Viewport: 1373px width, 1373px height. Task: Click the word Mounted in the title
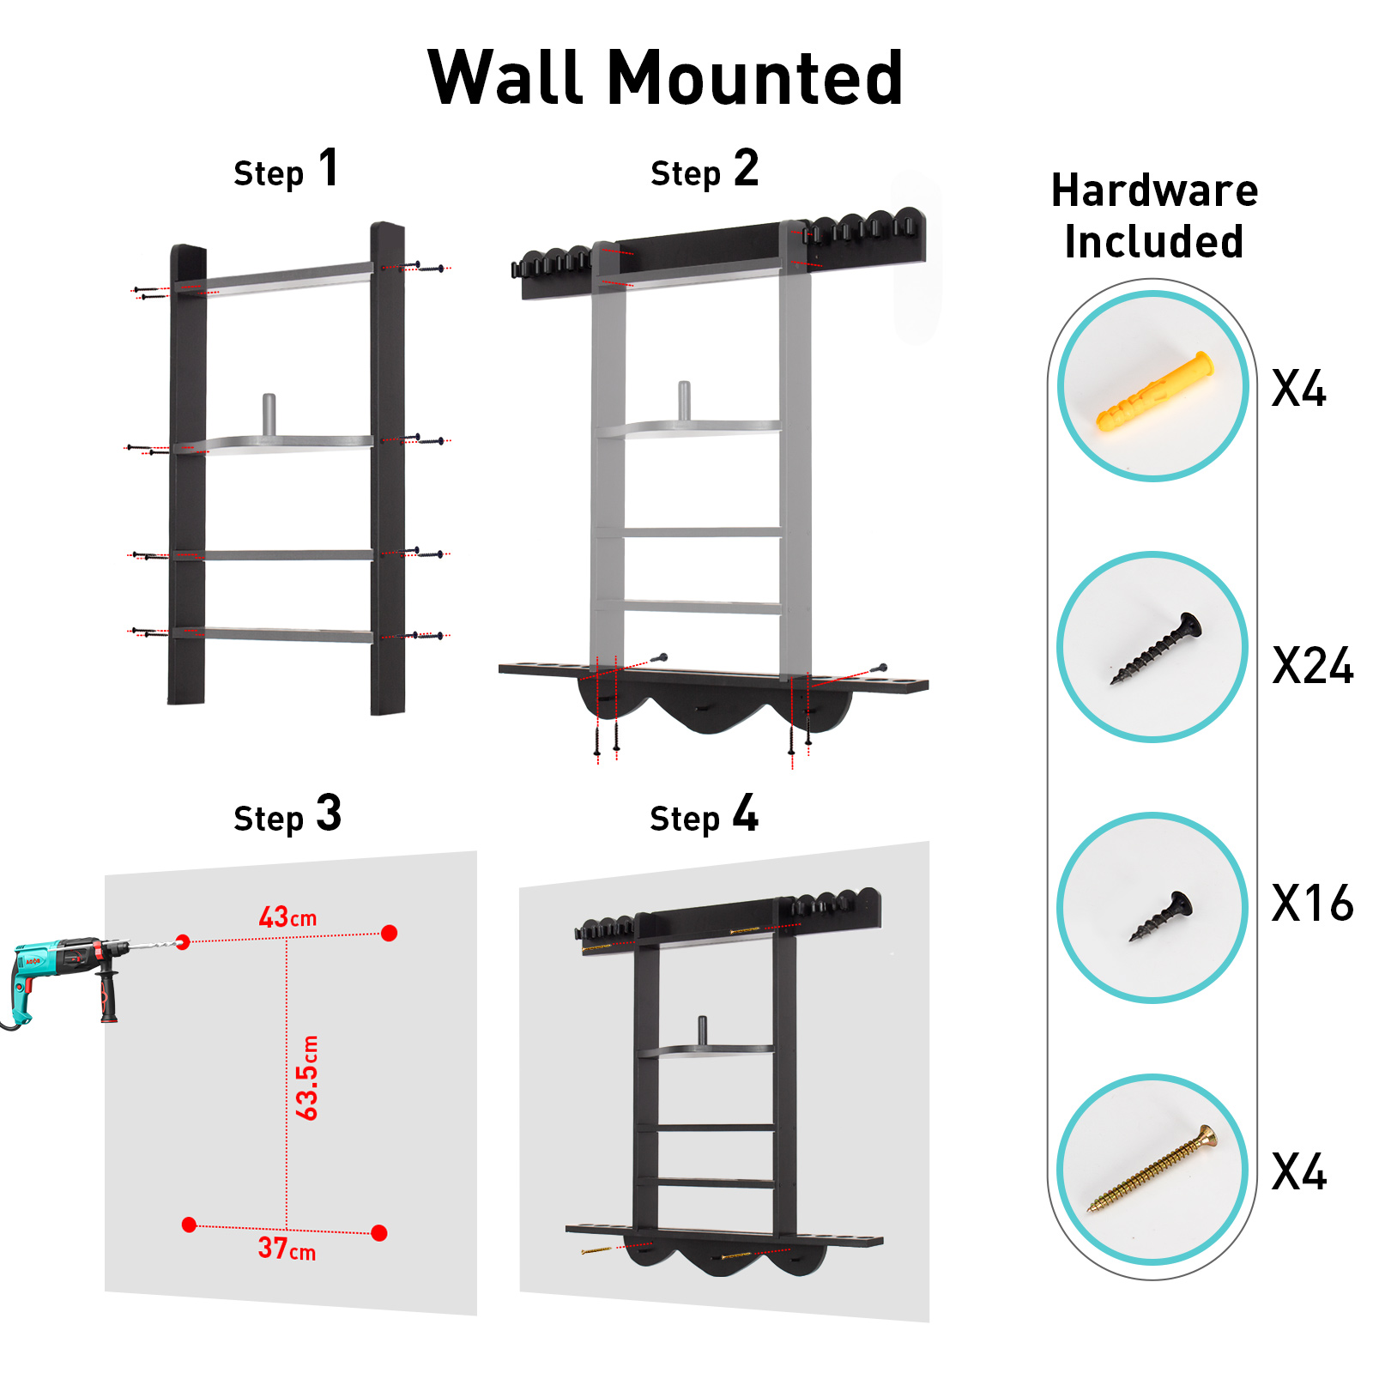click(754, 78)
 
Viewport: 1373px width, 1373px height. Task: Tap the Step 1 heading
click(287, 169)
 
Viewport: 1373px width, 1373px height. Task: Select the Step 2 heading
click(705, 169)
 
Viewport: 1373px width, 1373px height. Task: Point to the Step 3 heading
click(287, 814)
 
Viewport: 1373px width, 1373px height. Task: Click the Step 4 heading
click(704, 814)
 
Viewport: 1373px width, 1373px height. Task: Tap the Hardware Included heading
click(1154, 215)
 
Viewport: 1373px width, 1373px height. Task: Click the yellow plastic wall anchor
click(1155, 391)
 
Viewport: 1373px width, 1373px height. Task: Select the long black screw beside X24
click(1157, 648)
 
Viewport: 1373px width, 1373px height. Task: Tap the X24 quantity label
click(1312, 666)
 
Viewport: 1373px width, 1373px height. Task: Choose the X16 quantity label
click(1312, 903)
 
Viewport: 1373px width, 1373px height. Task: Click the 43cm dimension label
click(287, 917)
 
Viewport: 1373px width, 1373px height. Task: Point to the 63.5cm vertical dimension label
click(307, 1078)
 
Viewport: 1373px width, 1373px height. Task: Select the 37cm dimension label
click(287, 1249)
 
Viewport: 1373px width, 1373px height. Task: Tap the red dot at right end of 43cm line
click(389, 933)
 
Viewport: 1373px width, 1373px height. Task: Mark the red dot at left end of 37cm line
click(190, 1225)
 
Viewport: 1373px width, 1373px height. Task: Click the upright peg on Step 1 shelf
click(269, 415)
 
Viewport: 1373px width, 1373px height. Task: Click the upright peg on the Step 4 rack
click(702, 1030)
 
